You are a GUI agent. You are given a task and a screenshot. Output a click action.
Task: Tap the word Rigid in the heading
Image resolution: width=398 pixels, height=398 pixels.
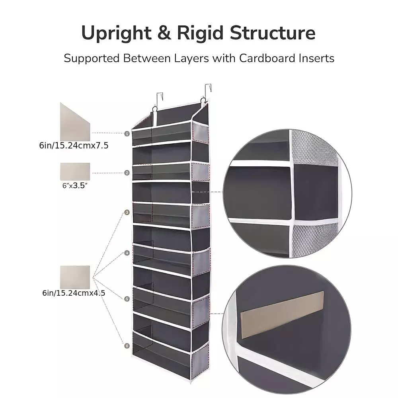pos(200,33)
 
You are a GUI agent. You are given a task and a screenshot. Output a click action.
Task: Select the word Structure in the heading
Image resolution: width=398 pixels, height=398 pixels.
pos(272,33)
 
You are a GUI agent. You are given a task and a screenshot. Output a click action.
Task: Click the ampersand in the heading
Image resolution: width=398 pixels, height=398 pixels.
pos(164,33)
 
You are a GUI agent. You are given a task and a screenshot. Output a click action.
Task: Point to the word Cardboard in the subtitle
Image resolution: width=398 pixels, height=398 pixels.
pos(267,58)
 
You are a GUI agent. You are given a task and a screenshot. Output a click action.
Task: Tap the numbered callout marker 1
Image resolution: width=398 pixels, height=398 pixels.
pos(127,133)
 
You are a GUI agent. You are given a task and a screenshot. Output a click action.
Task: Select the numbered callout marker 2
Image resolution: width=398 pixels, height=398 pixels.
pos(127,173)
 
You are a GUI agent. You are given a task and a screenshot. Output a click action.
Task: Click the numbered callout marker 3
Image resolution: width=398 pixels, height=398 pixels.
pos(127,212)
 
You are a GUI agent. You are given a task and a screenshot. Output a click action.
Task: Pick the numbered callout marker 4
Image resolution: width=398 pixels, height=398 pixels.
pos(127,253)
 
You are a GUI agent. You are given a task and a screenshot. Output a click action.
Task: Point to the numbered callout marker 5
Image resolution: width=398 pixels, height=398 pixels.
pos(127,299)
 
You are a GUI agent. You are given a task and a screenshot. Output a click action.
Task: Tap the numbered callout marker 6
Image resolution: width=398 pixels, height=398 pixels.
pos(127,346)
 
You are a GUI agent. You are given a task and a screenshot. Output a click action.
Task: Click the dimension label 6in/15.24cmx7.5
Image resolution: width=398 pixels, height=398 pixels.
pos(74,146)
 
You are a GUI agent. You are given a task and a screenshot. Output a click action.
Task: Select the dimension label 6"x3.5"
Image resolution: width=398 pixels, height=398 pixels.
pos(75,185)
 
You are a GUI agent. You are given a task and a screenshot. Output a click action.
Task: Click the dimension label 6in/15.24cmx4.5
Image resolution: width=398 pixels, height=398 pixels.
pos(74,293)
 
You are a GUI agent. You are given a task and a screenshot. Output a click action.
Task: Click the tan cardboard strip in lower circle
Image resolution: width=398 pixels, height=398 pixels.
pos(282,315)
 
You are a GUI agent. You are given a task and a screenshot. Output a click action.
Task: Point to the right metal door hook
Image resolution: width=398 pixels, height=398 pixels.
pos(208,92)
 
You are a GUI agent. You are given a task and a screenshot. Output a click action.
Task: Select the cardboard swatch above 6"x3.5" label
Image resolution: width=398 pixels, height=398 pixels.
pos(75,172)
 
